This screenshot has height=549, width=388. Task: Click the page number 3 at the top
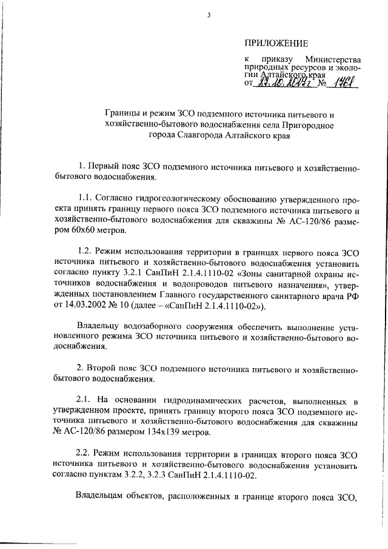point(208,15)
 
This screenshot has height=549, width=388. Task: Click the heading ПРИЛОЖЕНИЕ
point(276,42)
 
